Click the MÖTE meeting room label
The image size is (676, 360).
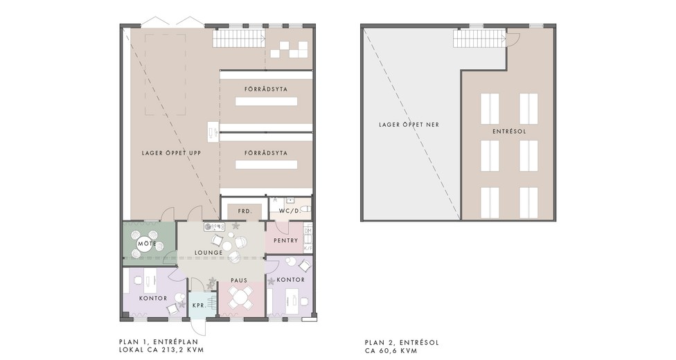point(147,244)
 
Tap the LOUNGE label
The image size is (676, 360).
point(208,253)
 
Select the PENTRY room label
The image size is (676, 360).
point(286,240)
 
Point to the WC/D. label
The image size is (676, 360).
point(289,211)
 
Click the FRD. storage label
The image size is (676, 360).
point(244,212)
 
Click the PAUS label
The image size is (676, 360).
point(239,280)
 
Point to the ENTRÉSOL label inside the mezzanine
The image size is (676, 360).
point(509,132)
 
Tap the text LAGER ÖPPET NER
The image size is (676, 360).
point(409,125)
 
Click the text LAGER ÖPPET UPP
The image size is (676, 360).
point(171,153)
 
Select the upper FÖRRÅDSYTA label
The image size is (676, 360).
point(265,89)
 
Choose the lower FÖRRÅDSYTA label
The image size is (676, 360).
point(265,153)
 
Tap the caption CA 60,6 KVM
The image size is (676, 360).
point(391,350)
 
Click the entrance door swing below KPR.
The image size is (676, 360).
point(201,329)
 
